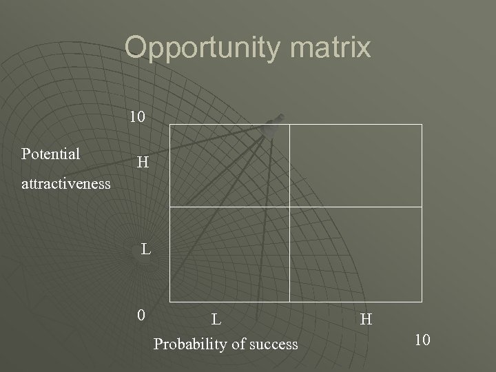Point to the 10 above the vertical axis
(137, 117)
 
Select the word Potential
(51, 154)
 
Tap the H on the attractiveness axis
(143, 163)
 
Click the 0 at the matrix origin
(141, 316)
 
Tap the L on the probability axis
(216, 319)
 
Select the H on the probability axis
(366, 319)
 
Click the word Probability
(187, 343)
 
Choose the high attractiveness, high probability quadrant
(355, 165)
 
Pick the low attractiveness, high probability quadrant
(355, 254)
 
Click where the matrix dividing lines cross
(289, 207)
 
